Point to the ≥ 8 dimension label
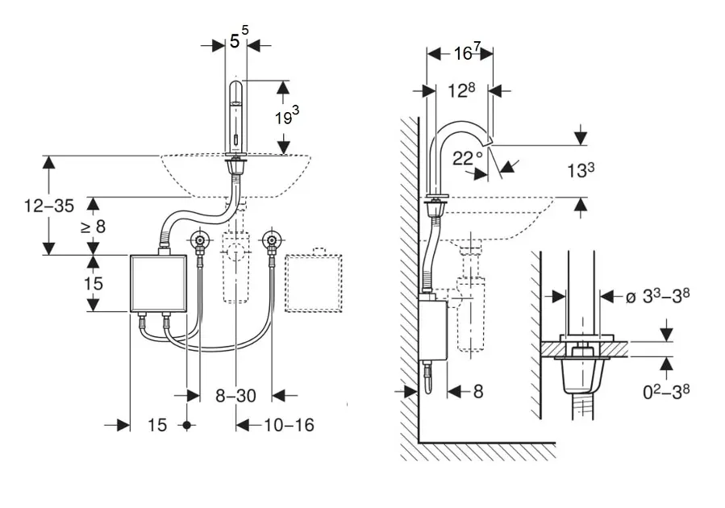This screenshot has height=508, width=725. click(x=93, y=226)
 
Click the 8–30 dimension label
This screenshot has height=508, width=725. click(x=235, y=395)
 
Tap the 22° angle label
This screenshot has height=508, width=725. click(x=468, y=157)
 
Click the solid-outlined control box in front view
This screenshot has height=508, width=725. click(x=158, y=282)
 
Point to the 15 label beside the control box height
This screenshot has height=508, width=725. click(x=93, y=283)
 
